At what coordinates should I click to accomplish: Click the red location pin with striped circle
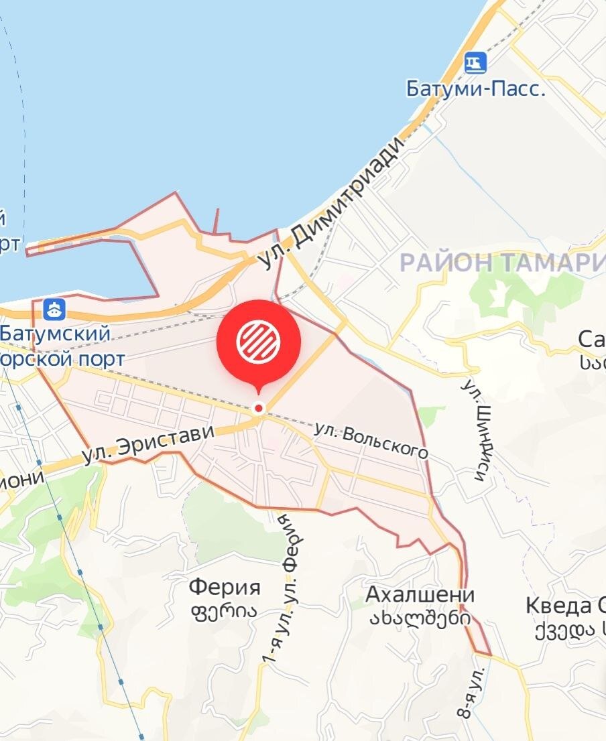258,342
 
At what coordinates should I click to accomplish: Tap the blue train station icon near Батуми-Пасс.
476,64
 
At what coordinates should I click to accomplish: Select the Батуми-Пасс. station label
476,89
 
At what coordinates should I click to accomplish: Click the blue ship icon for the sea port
54,309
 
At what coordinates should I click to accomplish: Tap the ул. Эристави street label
148,444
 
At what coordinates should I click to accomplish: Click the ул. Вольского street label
371,440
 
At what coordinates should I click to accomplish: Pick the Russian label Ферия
224,588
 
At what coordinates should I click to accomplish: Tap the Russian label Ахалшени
420,595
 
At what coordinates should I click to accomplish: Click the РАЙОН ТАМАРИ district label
501,263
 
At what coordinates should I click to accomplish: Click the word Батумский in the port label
55,333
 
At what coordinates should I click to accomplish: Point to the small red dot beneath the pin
258,408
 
